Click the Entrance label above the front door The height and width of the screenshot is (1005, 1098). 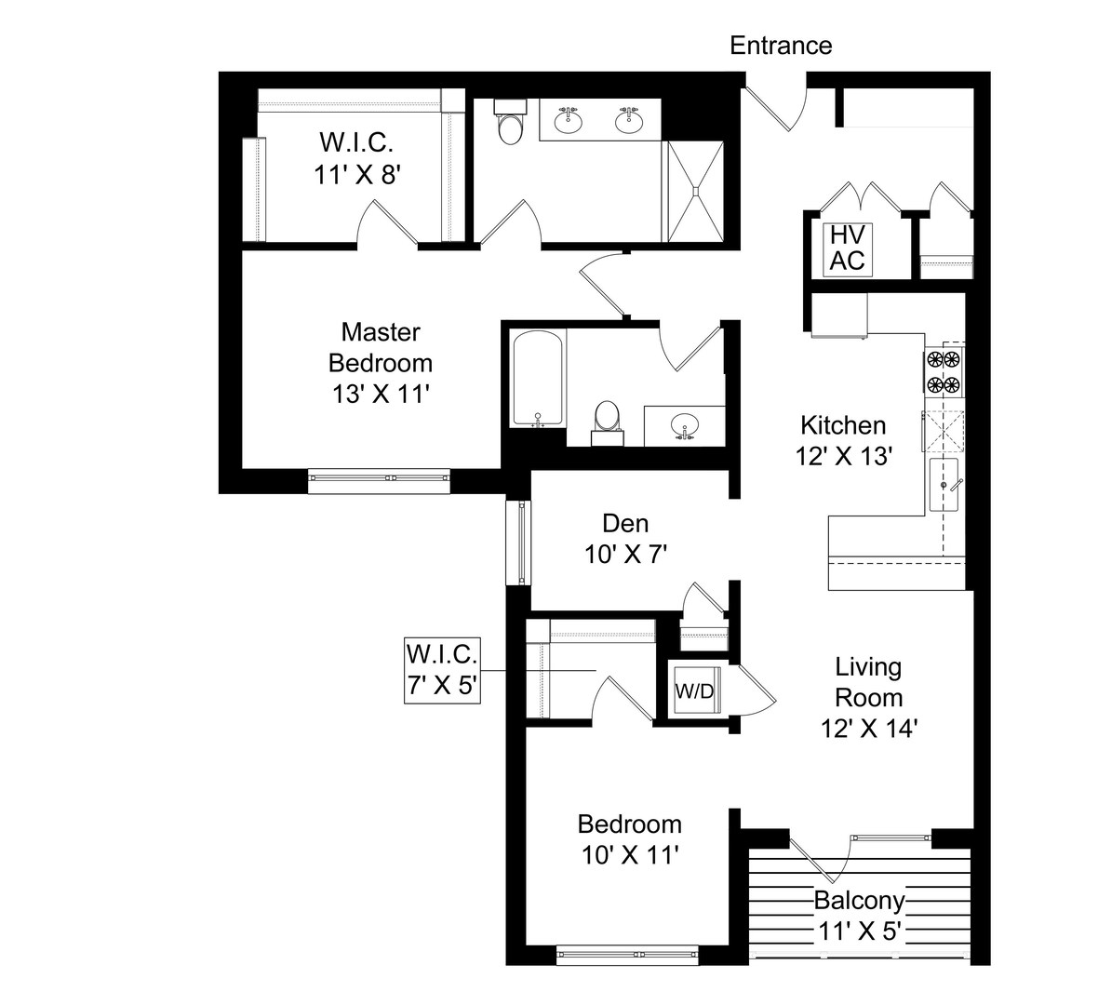[781, 46]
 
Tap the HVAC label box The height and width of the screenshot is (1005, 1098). [848, 248]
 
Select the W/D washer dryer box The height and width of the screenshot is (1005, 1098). [694, 690]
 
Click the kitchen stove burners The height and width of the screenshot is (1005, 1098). [944, 372]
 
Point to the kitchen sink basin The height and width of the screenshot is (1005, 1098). [944, 485]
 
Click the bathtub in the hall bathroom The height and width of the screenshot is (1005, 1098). [537, 379]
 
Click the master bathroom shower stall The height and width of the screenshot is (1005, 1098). [695, 191]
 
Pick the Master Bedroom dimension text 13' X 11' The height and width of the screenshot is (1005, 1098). [381, 395]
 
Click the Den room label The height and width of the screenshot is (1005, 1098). [625, 523]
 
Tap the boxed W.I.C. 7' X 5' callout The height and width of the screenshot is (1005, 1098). [442, 669]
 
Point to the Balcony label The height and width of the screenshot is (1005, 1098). [859, 900]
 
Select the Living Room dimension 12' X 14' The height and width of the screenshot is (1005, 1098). [869, 729]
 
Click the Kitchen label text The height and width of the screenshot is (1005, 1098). [843, 425]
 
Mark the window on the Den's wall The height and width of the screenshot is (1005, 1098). [518, 543]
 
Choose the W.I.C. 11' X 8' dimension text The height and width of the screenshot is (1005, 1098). [357, 175]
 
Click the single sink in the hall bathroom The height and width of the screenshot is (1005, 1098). [683, 425]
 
